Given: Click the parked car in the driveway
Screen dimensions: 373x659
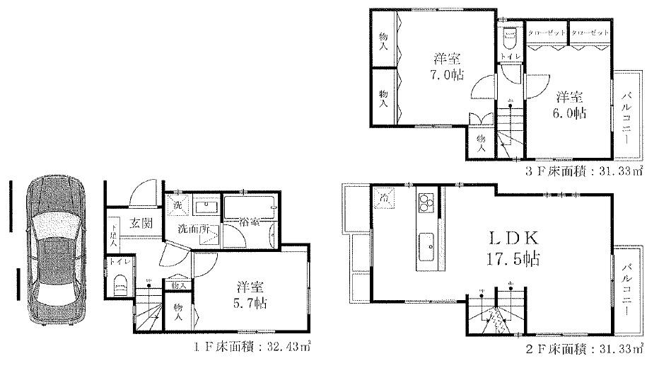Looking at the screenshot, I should tap(52, 250).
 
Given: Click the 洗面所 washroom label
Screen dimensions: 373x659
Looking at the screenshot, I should tap(192, 229).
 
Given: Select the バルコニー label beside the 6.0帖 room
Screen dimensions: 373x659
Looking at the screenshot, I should tap(626, 117).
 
